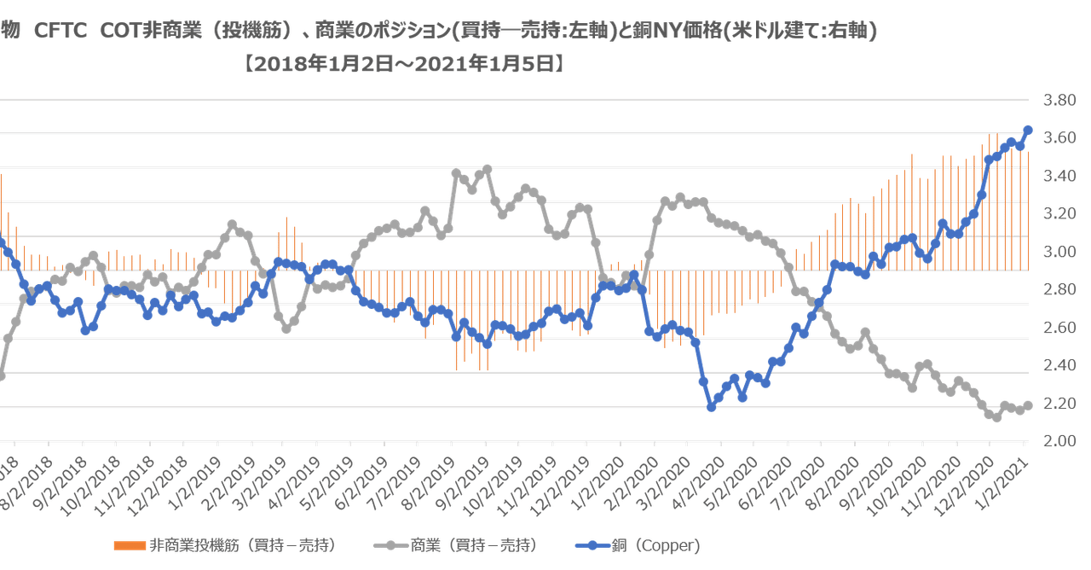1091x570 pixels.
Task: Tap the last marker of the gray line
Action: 1029,404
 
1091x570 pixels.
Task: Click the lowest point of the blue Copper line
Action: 712,409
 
